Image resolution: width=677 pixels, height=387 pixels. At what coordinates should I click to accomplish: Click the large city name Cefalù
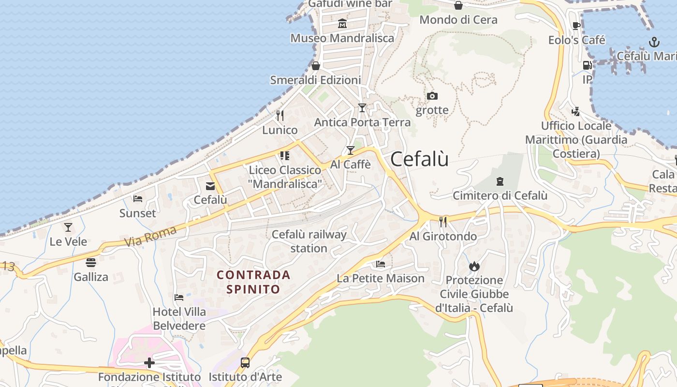pos(419,159)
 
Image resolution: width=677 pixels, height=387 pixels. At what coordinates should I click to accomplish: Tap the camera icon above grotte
pos(432,96)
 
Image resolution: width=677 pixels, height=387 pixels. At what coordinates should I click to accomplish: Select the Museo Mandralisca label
pos(342,38)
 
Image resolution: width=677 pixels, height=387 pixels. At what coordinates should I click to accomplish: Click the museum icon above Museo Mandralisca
pos(342,23)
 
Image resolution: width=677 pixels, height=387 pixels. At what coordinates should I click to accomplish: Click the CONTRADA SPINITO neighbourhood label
pos(253,282)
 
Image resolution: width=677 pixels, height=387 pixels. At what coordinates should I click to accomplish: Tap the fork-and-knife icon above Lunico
pos(280,116)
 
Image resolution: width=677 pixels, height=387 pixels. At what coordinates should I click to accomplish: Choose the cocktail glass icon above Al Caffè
pos(351,150)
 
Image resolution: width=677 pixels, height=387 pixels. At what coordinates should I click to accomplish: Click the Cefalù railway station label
pos(309,241)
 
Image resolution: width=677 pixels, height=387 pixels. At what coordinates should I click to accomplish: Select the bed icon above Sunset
pos(138,199)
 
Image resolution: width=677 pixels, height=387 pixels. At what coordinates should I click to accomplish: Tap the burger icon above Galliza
pos(91,263)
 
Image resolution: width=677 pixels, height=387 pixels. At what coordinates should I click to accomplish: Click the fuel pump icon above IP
pos(587,65)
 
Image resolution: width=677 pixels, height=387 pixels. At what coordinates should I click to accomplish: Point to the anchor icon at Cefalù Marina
pos(654,42)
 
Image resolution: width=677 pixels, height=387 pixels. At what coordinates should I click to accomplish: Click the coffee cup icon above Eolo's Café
pos(576,26)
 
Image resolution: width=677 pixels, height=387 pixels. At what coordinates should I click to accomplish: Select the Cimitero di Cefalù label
pos(500,196)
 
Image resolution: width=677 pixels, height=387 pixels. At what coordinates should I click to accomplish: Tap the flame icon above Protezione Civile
pos(474,266)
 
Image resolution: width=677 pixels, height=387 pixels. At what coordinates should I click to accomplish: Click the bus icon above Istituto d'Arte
pos(245,362)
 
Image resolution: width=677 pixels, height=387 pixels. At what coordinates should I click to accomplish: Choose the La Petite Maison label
pos(381,279)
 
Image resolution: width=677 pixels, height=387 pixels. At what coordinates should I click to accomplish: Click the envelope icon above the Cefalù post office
pos(210,186)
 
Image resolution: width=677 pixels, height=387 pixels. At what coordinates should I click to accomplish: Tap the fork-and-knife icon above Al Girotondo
pos(443,222)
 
